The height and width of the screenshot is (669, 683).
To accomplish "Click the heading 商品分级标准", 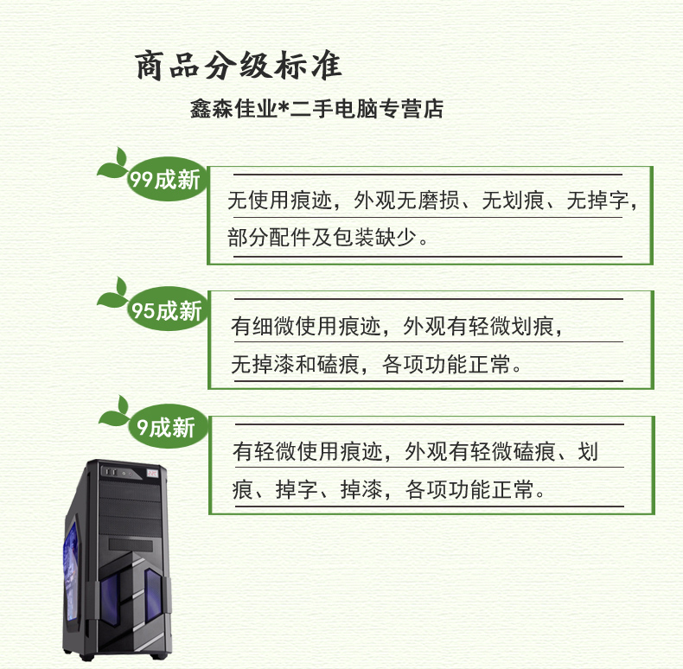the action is click(239, 66).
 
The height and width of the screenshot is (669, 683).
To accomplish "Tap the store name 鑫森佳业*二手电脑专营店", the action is click(316, 109).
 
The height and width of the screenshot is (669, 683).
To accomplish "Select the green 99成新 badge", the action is click(166, 179).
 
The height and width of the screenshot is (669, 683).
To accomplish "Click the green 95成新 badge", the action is click(167, 309).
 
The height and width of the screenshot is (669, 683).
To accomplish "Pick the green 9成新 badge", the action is click(168, 427).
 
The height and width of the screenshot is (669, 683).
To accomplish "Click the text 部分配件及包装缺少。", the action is click(328, 238).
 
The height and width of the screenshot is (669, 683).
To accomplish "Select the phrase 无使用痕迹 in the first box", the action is click(279, 201).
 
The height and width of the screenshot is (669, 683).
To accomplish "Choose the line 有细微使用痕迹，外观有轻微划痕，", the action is click(397, 326).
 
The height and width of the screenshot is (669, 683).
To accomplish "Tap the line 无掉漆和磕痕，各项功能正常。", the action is click(376, 364).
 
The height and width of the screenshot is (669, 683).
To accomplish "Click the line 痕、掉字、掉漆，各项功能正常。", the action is click(388, 489).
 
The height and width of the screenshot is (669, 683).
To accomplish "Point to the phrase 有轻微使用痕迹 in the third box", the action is click(308, 452).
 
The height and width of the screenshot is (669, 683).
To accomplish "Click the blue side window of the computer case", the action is click(71, 570).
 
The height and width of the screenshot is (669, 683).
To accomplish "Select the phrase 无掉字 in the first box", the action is click(597, 201).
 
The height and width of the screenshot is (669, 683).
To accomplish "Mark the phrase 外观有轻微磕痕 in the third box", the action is click(480, 452).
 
